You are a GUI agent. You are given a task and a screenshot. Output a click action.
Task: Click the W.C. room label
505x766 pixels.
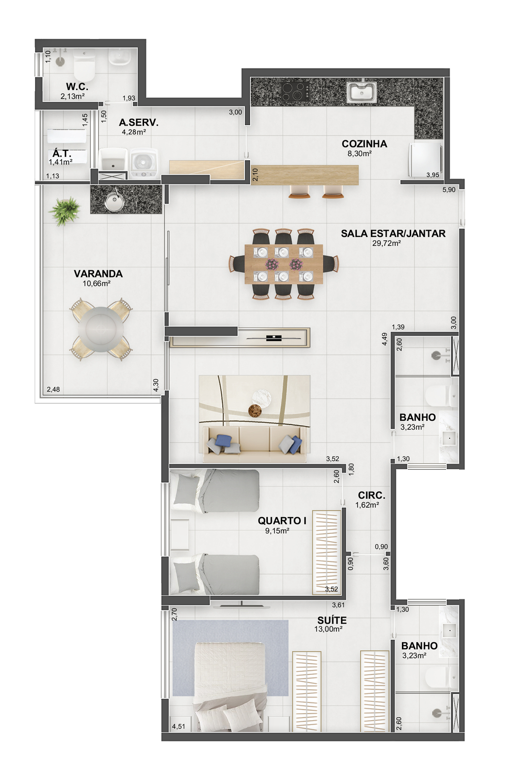pyautogui.click(x=77, y=87)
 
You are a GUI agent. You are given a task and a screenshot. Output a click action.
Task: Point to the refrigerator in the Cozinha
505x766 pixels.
pyautogui.click(x=425, y=159)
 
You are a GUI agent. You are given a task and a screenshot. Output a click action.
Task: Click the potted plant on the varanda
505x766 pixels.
pyautogui.click(x=65, y=210)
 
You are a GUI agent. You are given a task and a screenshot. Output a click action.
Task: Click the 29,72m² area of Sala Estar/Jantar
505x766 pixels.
pyautogui.click(x=387, y=244)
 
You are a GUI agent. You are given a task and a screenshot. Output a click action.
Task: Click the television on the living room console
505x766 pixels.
pyautogui.click(x=273, y=338)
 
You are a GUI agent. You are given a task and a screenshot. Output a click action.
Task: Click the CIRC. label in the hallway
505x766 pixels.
pyautogui.click(x=371, y=495)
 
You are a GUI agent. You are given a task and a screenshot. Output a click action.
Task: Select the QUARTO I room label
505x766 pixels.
pyautogui.click(x=282, y=521)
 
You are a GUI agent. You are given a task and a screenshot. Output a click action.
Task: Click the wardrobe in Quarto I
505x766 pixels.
pyautogui.click(x=326, y=552)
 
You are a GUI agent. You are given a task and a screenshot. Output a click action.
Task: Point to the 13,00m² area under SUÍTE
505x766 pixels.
pyautogui.click(x=328, y=628)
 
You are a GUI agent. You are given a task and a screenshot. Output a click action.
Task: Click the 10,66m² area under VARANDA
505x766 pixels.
pyautogui.click(x=97, y=283)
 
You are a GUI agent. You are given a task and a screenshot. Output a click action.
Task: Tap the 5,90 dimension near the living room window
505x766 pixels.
pyautogui.click(x=449, y=190)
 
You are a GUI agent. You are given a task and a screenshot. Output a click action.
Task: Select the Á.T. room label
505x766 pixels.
pyautogui.click(x=62, y=153)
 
